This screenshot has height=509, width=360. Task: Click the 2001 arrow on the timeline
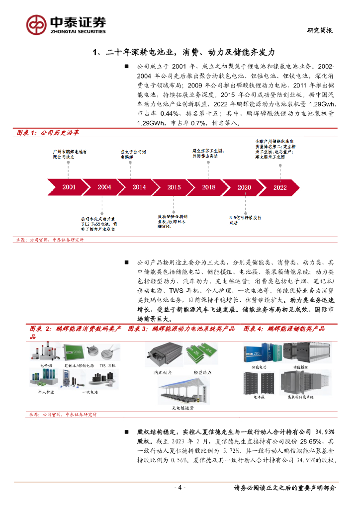[69, 187]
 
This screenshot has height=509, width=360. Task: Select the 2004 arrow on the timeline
[104, 187]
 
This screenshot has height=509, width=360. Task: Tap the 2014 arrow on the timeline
[139, 187]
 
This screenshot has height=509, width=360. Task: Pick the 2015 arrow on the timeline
[174, 187]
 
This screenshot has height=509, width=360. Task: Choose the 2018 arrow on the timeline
[209, 187]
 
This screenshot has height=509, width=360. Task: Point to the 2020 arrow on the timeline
[244, 187]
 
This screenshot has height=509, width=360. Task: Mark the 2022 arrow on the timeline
[280, 187]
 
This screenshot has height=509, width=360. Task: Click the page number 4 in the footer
[181, 488]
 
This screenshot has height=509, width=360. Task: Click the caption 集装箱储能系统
[301, 398]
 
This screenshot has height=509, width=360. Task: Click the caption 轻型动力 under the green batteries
[202, 372]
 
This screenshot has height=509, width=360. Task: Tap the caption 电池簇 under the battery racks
[259, 398]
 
